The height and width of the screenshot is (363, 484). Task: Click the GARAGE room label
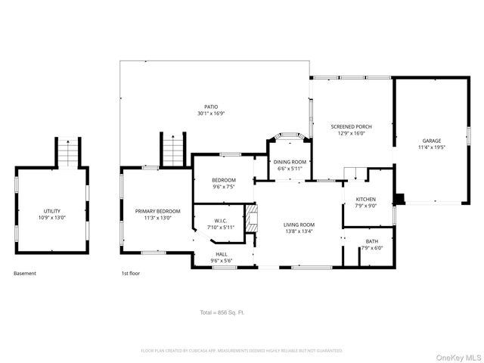pyautogui.click(x=431, y=141)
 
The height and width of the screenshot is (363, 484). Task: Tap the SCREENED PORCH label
pyautogui.click(x=351, y=126)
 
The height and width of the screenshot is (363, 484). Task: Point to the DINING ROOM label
pyautogui.click(x=290, y=162)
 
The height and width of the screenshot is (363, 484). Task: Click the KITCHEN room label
pyautogui.click(x=366, y=199)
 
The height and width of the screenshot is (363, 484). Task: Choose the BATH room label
pyautogui.click(x=371, y=241)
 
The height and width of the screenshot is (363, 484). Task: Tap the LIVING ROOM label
pyautogui.click(x=299, y=225)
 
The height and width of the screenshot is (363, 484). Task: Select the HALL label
pyautogui.click(x=222, y=254)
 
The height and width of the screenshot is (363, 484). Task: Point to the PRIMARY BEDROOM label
pyautogui.click(x=158, y=211)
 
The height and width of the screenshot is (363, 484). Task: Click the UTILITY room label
pyautogui.click(x=52, y=211)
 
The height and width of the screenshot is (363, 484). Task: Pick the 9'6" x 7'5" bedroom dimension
pyautogui.click(x=224, y=186)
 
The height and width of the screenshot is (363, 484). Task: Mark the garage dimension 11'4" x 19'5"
pyautogui.click(x=431, y=147)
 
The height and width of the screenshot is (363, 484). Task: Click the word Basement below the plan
pyautogui.click(x=25, y=273)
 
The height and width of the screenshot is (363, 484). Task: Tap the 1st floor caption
pyautogui.click(x=131, y=273)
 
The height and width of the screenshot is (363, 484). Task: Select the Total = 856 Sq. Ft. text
pyautogui.click(x=222, y=312)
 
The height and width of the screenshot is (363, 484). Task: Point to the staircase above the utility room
pyautogui.click(x=68, y=153)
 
